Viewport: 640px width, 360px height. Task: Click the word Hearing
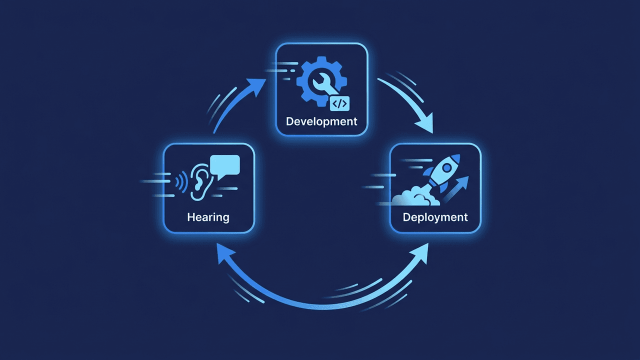(x=208, y=217)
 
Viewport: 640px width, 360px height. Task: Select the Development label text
(x=321, y=121)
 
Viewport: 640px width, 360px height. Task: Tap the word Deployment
(x=435, y=217)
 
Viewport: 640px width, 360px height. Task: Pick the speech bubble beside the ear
(x=225, y=165)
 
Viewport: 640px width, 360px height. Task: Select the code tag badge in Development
(x=340, y=103)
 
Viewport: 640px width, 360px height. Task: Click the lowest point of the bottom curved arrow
(x=320, y=306)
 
